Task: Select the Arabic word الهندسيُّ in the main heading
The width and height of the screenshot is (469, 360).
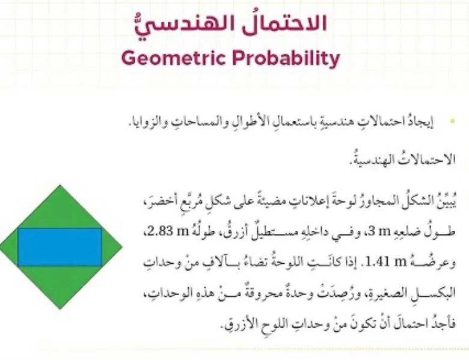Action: click(203, 24)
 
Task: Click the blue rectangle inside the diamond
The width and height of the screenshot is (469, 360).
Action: click(60, 246)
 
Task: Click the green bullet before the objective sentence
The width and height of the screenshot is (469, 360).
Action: click(452, 122)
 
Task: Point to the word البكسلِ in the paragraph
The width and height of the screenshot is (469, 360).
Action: click(423, 294)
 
